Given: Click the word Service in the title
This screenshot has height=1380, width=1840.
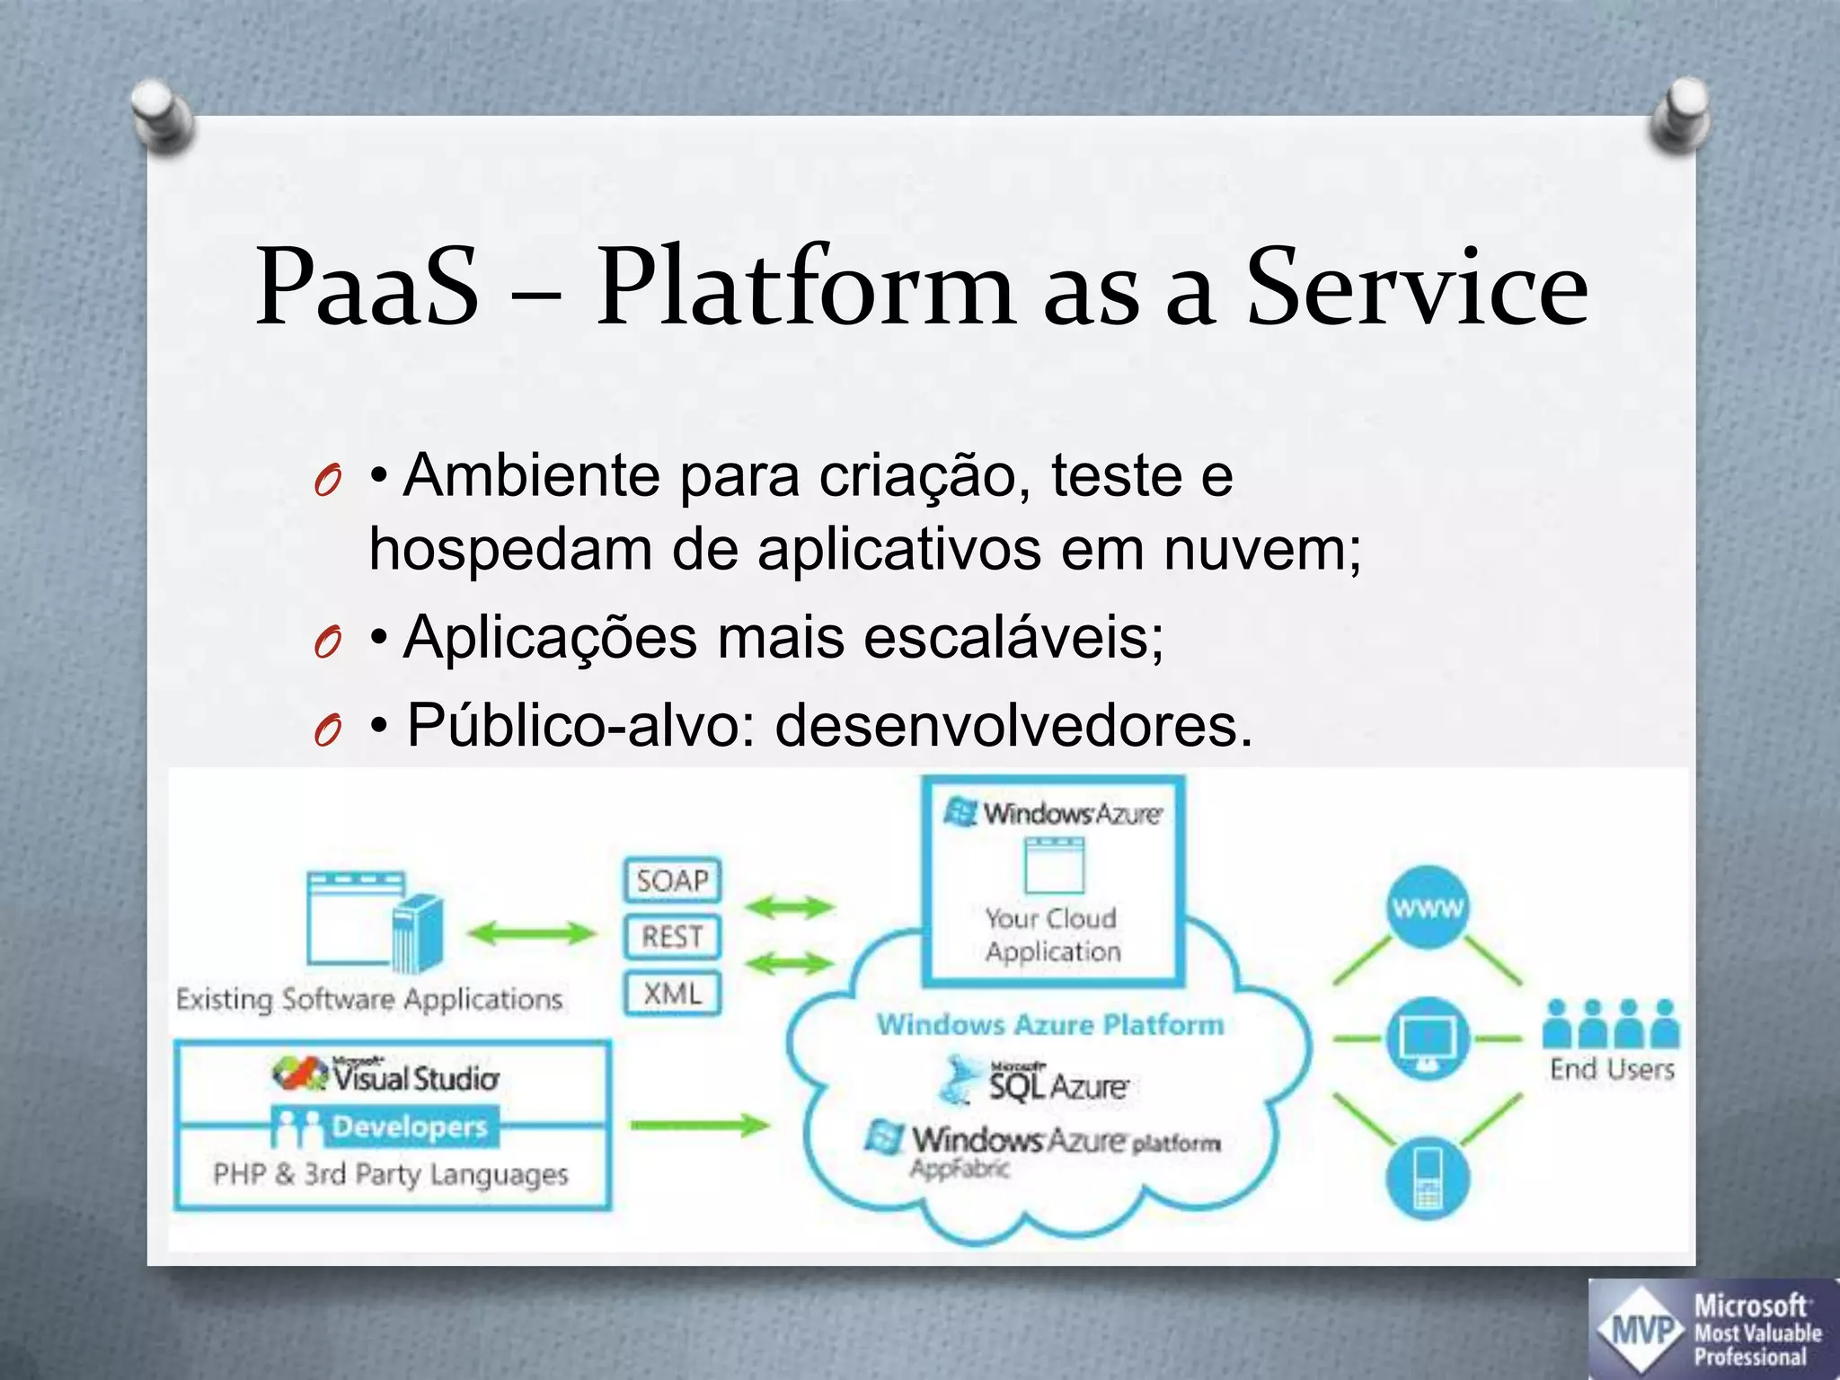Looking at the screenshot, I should [x=1417, y=288].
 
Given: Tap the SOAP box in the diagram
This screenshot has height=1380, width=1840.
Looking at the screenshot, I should [x=672, y=880].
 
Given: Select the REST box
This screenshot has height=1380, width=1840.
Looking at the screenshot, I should [x=672, y=937].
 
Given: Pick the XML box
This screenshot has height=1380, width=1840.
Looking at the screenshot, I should [x=672, y=994].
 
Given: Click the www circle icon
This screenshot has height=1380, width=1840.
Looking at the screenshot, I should [x=1428, y=907].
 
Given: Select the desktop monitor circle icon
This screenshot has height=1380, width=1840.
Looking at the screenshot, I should [x=1428, y=1040].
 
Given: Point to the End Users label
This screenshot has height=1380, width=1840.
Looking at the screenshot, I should [x=1612, y=1069].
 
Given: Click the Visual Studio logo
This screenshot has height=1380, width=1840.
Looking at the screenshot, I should [x=386, y=1075].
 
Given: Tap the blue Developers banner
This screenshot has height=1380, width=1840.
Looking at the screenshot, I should [x=385, y=1127].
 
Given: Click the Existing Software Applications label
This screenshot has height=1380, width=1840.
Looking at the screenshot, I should [x=369, y=999].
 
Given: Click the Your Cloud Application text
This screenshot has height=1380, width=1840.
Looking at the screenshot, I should [x=1052, y=935].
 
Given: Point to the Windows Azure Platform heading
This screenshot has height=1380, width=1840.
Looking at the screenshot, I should [x=1050, y=1024].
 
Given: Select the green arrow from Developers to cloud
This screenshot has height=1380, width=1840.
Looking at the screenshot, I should [x=699, y=1125].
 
